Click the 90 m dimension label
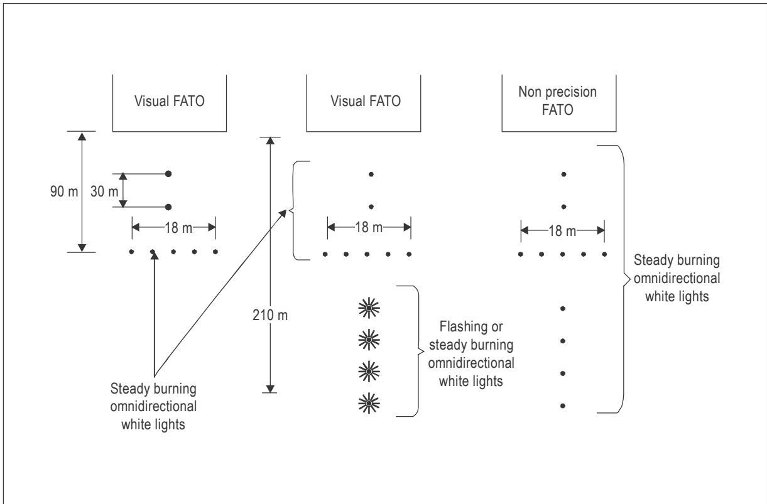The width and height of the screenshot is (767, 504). (64, 191)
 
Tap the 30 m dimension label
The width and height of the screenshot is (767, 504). (104, 191)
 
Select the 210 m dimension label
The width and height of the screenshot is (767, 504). (270, 315)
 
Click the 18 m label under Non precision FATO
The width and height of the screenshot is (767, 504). (562, 231)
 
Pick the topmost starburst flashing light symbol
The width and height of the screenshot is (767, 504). (369, 308)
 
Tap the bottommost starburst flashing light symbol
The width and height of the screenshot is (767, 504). (369, 404)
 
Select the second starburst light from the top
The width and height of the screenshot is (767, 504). (369, 340)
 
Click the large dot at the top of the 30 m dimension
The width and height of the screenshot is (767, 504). (168, 174)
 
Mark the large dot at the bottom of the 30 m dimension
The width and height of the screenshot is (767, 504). (168, 207)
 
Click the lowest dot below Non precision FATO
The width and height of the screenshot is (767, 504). (563, 406)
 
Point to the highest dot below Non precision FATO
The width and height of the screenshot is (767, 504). (563, 174)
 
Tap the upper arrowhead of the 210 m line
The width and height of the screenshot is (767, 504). (271, 141)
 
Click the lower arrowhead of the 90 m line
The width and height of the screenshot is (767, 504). (82, 248)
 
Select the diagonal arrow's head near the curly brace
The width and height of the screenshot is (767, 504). (283, 213)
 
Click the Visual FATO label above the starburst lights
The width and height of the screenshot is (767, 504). (366, 101)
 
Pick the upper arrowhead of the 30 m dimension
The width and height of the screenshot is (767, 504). (123, 176)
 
